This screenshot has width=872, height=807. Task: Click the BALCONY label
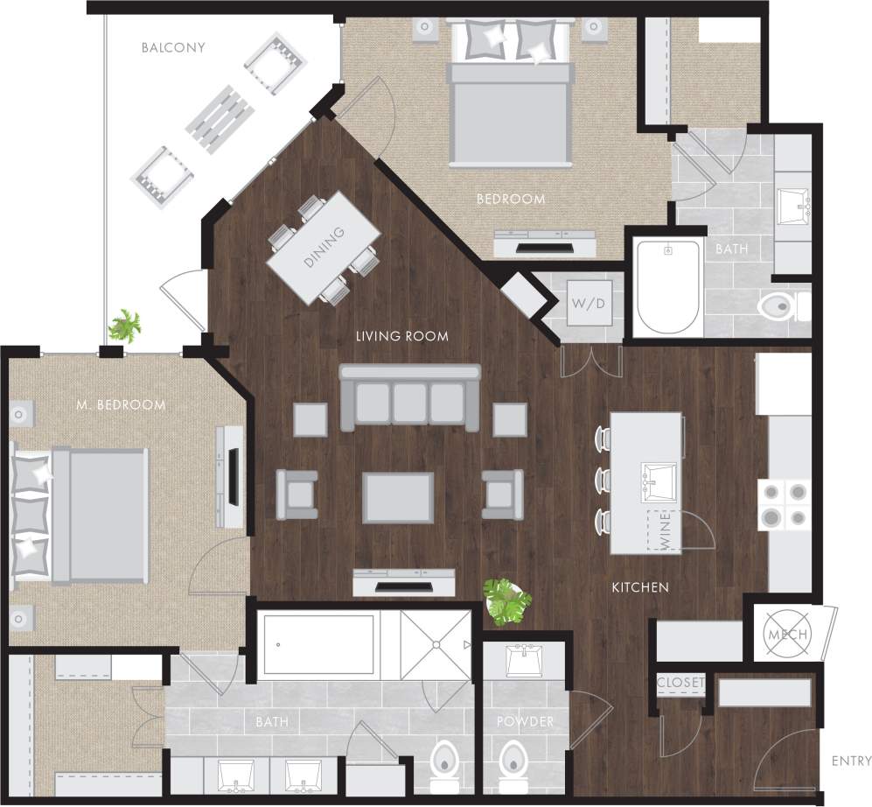tap(173, 47)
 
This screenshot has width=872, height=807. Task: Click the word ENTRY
tap(851, 761)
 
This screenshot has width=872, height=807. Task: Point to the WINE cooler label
tap(666, 531)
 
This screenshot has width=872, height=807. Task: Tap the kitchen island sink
tap(659, 481)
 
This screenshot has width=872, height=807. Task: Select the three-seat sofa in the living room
tap(410, 397)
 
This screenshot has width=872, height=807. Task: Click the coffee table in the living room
tap(398, 497)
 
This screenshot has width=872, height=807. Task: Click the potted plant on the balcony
tap(124, 326)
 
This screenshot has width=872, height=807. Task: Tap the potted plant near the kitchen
tap(506, 601)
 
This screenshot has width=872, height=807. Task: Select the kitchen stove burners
tap(785, 505)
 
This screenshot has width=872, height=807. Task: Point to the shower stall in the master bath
tap(436, 646)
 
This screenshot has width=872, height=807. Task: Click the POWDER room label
tap(525, 721)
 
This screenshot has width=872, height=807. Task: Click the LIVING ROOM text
tap(401, 336)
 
